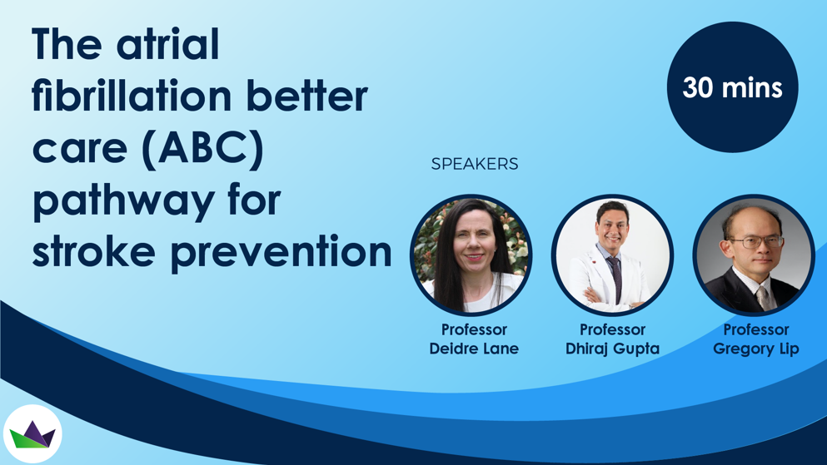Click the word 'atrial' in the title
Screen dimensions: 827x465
tap(167, 44)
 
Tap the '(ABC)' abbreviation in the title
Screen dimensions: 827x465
tap(203, 149)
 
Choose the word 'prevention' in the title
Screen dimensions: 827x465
tap(281, 253)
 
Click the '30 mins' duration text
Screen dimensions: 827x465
tap(732, 87)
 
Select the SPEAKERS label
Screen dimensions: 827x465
tap(475, 164)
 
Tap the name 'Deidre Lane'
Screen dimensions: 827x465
tap(474, 349)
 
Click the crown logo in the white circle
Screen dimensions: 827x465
tap(32, 434)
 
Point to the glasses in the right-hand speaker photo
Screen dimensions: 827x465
tap(756, 243)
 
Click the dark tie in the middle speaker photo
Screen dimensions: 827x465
tap(615, 279)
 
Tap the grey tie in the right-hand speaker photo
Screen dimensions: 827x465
tap(763, 299)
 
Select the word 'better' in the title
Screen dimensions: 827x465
tap(307, 96)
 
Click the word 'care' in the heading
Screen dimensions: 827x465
tap(80, 151)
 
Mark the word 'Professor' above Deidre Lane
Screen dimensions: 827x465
tap(474, 329)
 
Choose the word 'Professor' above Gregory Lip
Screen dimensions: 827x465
tap(756, 329)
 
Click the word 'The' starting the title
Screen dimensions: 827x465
tap(67, 44)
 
